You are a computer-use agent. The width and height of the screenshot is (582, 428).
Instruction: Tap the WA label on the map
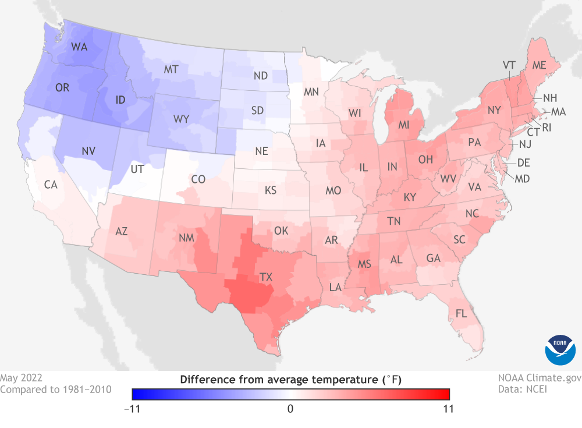pyautogui.click(x=79, y=47)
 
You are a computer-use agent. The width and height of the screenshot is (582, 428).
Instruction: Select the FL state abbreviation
pyautogui.click(x=461, y=313)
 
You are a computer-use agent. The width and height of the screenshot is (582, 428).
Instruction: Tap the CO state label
pyautogui.click(x=198, y=179)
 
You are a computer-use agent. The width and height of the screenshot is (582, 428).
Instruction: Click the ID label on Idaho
pyautogui.click(x=120, y=100)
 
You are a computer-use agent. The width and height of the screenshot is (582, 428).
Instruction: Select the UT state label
pyautogui.click(x=137, y=169)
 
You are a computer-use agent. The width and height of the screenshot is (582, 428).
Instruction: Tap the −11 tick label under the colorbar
pyautogui.click(x=139, y=409)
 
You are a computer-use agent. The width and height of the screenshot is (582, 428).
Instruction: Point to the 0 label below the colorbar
pyautogui.click(x=290, y=409)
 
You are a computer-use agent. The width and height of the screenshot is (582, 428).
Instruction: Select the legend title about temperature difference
pyautogui.click(x=290, y=380)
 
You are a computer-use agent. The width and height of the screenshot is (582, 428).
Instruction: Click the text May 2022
pyautogui.click(x=21, y=378)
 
